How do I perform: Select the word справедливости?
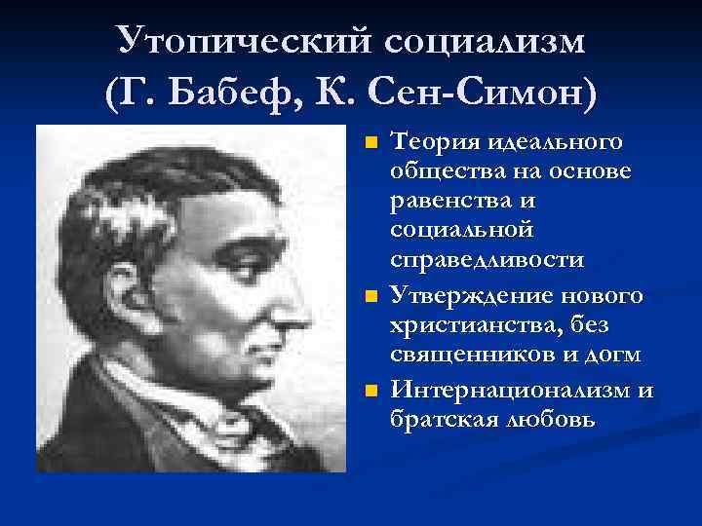click(487, 260)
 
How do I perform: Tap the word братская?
click(438, 420)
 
